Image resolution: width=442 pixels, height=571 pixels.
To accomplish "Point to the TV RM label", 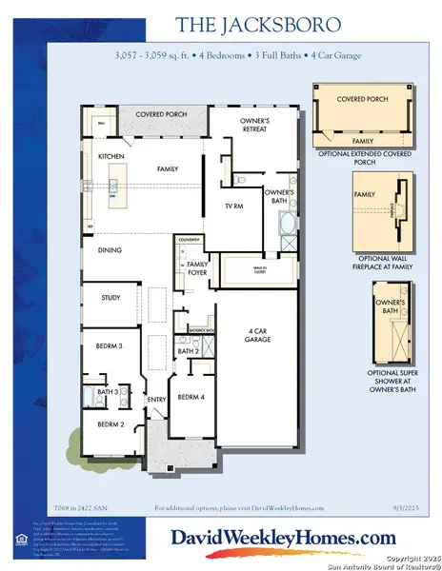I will pyautogui.click(x=233, y=206).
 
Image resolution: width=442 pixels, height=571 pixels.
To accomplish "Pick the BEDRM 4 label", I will pyautogui.click(x=191, y=397).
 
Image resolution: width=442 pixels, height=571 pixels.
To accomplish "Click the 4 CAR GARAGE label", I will pyautogui.click(x=254, y=334).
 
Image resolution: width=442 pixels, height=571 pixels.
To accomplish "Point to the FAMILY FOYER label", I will pyautogui.click(x=197, y=267).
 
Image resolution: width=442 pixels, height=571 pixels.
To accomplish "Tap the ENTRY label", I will pyautogui.click(x=154, y=400).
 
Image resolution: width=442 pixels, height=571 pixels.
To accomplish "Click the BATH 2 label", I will pyautogui.click(x=187, y=352).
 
